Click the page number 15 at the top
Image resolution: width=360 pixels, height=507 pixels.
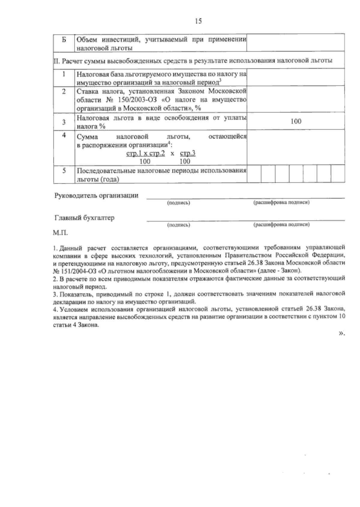(x=198, y=21)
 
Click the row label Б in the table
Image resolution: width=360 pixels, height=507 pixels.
(x=64, y=40)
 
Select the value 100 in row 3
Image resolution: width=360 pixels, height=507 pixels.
(x=296, y=121)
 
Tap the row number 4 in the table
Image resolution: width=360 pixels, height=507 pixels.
(x=64, y=135)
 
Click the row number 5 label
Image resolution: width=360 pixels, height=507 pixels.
(x=64, y=171)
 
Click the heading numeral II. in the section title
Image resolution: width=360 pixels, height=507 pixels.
(x=57, y=61)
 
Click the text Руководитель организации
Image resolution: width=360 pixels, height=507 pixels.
(x=96, y=196)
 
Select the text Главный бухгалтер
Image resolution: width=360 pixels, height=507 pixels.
(x=84, y=218)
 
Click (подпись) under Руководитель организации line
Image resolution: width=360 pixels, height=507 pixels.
(x=178, y=203)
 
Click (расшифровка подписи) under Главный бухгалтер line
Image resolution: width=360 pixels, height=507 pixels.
(x=281, y=224)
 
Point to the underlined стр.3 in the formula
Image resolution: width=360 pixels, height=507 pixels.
(x=188, y=154)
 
